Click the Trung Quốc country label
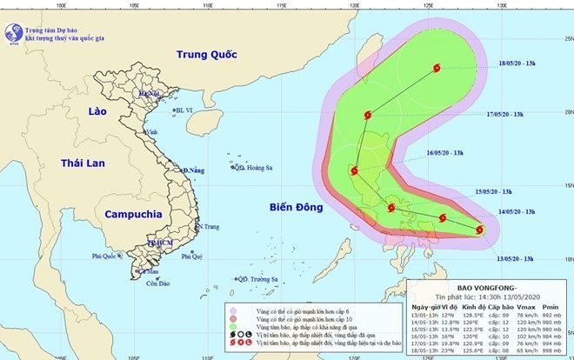207,55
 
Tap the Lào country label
102,110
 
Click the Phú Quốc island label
106,257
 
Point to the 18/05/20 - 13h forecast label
526,62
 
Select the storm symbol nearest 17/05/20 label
368,114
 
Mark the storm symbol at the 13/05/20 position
480,230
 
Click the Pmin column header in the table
550,305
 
